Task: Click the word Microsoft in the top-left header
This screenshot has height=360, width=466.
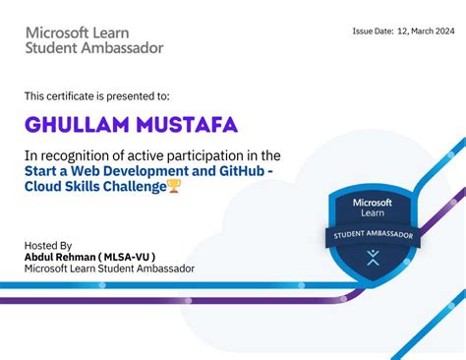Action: (x=56, y=31)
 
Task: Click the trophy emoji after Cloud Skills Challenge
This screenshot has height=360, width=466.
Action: (x=174, y=187)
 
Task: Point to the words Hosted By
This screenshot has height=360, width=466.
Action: (x=48, y=245)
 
